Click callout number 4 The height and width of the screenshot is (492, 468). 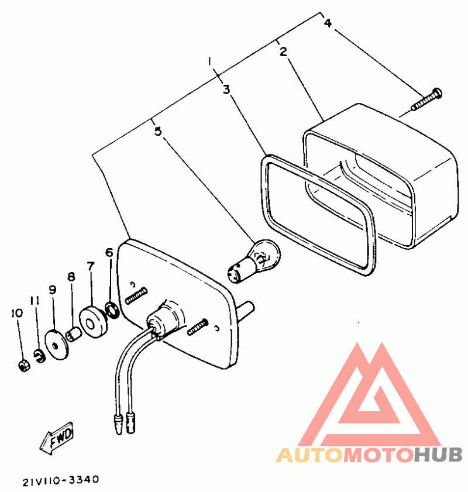(328, 23)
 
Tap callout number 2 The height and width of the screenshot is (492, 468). (283, 52)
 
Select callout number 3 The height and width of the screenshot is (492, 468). (226, 89)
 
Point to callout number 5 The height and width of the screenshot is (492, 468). (157, 130)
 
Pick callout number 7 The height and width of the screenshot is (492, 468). (90, 266)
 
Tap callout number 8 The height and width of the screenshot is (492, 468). (71, 276)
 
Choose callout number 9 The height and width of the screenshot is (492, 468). (52, 289)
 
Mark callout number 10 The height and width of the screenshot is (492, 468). (17, 313)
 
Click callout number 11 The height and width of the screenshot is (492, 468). (35, 301)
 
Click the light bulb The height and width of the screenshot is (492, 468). (258, 257)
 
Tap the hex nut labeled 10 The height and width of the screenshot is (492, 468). (25, 367)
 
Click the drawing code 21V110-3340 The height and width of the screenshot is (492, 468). (61, 481)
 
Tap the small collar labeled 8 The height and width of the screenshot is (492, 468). (73, 335)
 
